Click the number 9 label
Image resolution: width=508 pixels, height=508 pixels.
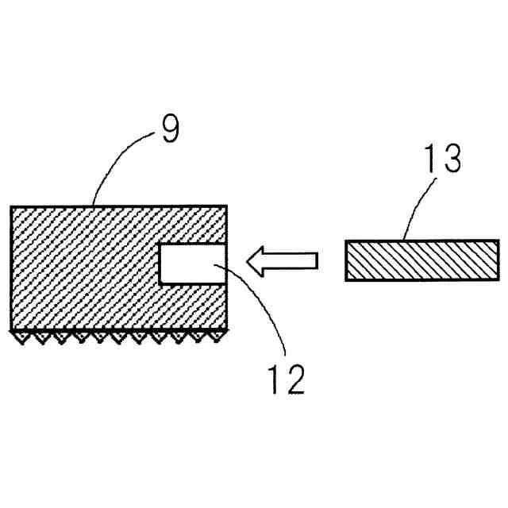coord(170,128)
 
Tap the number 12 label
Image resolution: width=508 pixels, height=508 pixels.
coord(285,379)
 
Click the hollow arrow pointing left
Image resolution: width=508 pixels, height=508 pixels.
coord(282,259)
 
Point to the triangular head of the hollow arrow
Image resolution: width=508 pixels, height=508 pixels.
coord(256,259)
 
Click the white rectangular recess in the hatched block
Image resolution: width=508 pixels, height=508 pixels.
coord(193,263)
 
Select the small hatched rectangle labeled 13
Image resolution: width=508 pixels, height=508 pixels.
coord(421,260)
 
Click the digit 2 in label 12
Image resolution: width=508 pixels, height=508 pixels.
coord(294,379)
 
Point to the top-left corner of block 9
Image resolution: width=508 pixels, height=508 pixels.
coord(10,206)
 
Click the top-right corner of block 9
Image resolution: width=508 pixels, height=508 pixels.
coord(229,206)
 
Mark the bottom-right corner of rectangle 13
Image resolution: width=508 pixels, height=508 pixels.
coord(498,279)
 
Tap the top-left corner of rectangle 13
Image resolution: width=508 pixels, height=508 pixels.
coord(346,241)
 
